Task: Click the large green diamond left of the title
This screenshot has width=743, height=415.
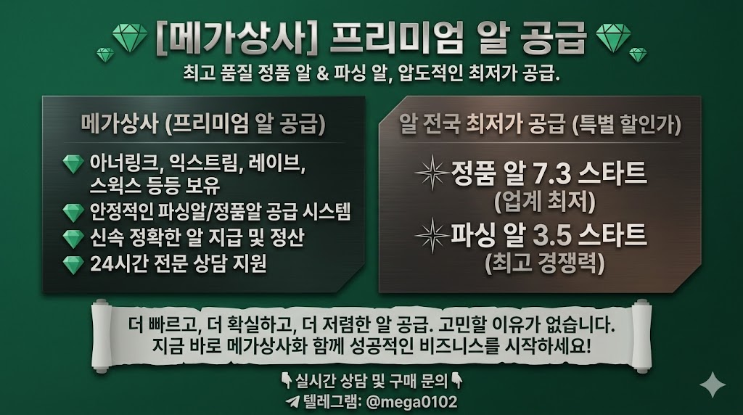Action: point(130,38)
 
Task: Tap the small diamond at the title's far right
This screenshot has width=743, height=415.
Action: point(637,54)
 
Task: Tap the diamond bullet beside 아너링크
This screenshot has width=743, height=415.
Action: point(73,164)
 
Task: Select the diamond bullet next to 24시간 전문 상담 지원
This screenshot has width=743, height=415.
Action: point(73,264)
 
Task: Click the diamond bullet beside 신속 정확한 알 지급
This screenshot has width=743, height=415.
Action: point(73,239)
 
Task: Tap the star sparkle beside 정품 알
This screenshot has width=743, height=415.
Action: point(432,173)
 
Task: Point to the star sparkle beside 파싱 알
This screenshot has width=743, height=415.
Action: point(432,235)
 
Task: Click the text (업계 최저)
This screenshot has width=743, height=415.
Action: point(544,202)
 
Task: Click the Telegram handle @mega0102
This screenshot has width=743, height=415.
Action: point(412,402)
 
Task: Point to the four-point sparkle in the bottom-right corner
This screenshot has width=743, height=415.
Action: point(713,385)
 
